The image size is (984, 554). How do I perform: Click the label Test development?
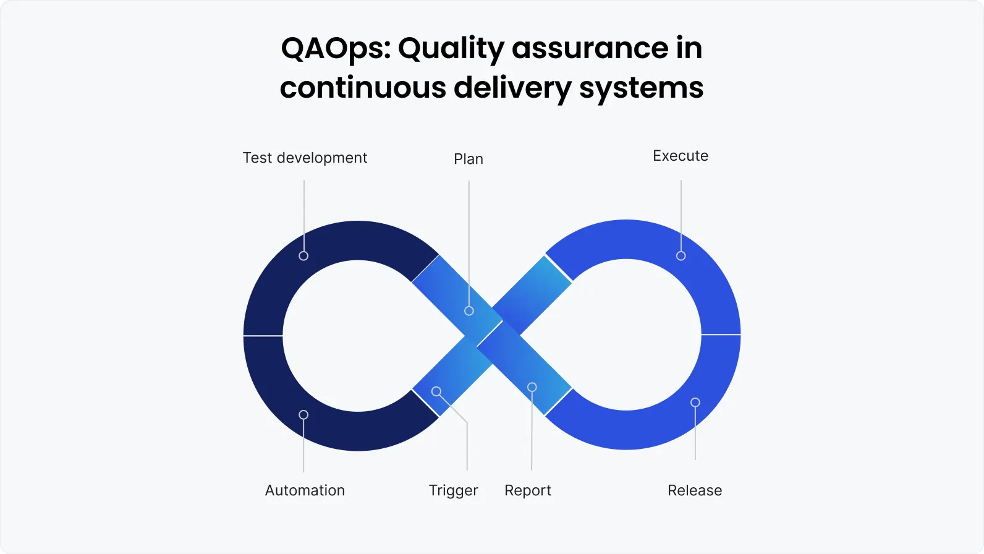[305, 158]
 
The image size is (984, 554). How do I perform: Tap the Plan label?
[469, 159]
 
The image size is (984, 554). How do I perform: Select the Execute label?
[681, 156]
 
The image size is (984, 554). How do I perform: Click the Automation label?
[305, 490]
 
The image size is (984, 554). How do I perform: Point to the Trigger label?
[453, 490]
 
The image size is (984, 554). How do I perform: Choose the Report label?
[528, 490]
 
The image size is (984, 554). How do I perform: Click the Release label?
[695, 490]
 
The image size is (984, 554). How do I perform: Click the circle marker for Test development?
[303, 255]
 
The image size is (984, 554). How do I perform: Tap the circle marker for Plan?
[469, 310]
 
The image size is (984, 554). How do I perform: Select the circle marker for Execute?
[681, 255]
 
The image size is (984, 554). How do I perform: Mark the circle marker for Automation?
[303, 414]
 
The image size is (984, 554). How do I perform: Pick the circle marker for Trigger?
[436, 391]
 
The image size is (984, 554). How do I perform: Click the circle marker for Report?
[532, 387]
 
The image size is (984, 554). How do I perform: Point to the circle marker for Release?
[695, 403]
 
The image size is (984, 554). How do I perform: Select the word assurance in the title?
[590, 48]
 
